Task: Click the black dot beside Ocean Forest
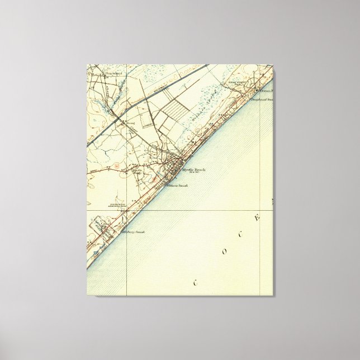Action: coord(257,89)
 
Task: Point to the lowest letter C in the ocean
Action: coord(196,283)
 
